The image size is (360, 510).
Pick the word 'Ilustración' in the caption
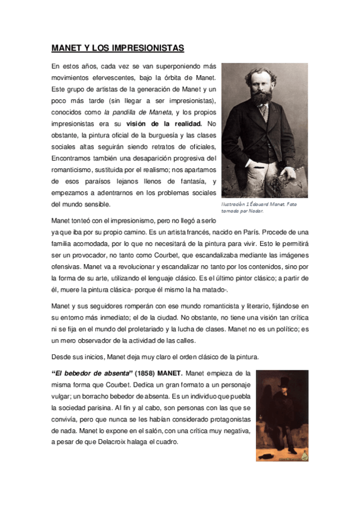[x=236, y=204]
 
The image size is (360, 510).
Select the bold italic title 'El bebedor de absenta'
[x=84, y=373]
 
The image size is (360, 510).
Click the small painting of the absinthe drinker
[x=282, y=415]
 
